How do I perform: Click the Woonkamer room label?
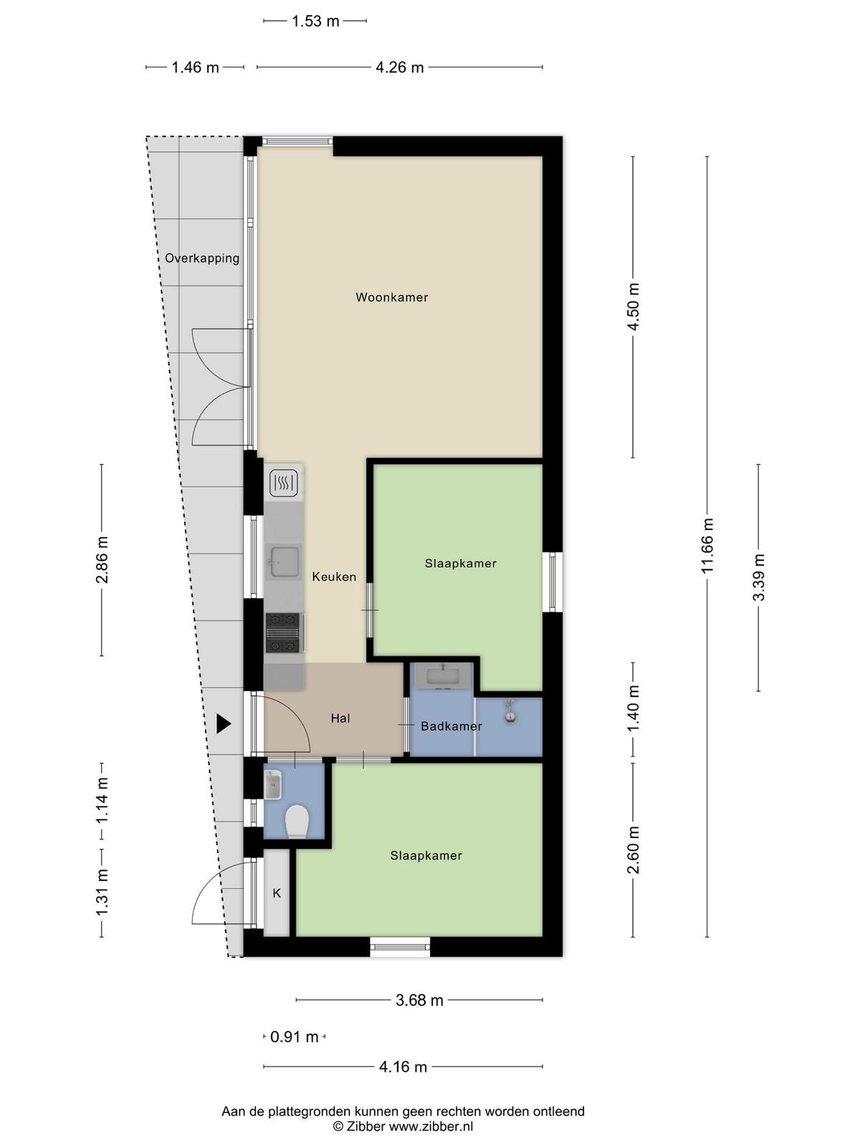point(391,297)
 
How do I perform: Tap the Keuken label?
point(334,577)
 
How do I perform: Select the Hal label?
point(340,718)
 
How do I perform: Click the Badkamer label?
point(451,726)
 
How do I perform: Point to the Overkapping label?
point(202,258)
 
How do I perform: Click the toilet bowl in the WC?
point(297,822)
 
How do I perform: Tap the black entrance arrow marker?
point(224,723)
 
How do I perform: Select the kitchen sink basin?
point(283,562)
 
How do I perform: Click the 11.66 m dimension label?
point(707,546)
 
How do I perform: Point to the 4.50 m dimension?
point(633,307)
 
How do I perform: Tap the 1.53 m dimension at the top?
point(315,21)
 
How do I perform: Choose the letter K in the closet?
point(277,892)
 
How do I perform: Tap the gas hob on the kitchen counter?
point(283,632)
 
